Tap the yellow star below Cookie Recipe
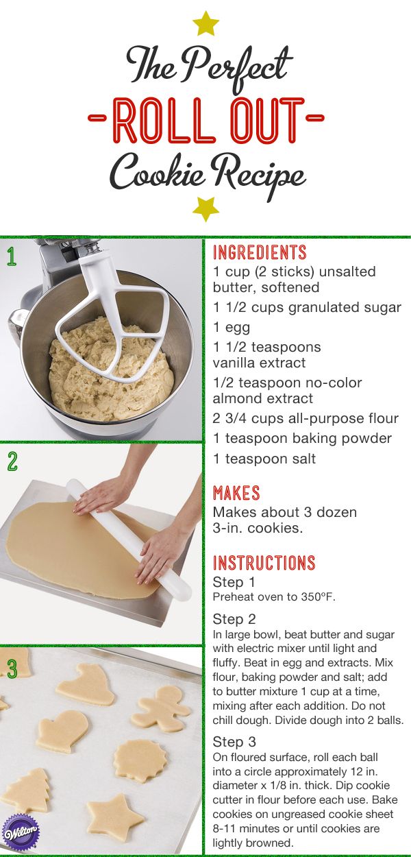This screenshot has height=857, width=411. (206, 209)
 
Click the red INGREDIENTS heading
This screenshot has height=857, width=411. (260, 252)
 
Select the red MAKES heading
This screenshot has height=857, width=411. (236, 493)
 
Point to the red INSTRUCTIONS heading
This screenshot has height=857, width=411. (264, 563)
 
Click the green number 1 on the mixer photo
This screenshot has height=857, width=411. (12, 256)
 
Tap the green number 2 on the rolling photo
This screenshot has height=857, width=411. (12, 461)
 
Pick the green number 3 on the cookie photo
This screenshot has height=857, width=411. (12, 668)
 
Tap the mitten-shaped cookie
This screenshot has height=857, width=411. (63, 731)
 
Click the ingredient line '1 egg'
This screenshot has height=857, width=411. (232, 328)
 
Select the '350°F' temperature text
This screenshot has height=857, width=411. (318, 597)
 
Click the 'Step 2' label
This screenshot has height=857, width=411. (234, 619)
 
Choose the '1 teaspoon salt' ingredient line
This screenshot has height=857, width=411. (264, 459)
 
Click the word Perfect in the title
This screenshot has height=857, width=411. (236, 67)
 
